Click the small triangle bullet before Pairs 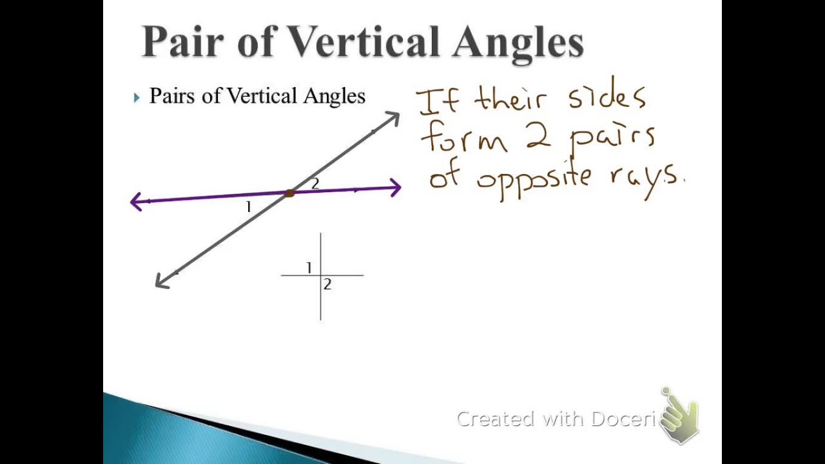point(137,97)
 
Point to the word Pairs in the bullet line point(173,96)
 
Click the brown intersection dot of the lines point(289,193)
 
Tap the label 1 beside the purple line point(248,207)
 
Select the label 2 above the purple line point(315,184)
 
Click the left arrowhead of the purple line point(136,202)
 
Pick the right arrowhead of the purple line point(394,188)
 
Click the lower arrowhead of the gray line point(162,281)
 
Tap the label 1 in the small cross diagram point(309,267)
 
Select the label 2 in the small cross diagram point(327,284)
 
